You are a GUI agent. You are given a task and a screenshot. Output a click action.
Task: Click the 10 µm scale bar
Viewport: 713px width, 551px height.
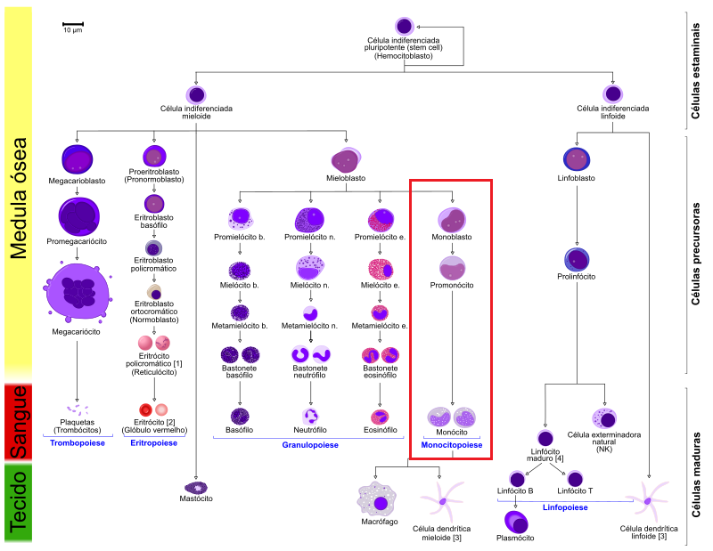click(73, 24)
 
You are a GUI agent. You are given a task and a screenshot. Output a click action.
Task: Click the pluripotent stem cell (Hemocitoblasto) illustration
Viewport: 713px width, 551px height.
click(405, 27)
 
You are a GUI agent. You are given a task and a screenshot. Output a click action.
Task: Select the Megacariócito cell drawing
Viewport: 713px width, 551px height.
click(78, 291)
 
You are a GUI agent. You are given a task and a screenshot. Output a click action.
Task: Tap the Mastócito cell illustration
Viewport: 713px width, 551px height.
click(196, 488)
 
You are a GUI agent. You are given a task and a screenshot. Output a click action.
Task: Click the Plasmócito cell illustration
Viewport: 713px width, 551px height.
click(516, 522)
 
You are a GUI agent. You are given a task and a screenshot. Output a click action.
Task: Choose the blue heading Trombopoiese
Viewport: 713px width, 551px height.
click(78, 443)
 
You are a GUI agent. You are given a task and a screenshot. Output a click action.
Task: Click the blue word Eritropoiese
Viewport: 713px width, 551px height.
click(153, 443)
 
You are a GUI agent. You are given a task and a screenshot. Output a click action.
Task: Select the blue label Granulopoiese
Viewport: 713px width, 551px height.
click(310, 445)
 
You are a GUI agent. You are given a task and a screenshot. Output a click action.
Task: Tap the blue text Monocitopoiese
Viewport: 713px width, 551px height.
click(452, 445)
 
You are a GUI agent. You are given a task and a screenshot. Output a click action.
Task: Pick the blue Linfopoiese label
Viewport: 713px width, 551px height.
click(565, 507)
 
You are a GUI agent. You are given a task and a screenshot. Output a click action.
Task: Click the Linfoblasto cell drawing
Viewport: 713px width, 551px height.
click(577, 159)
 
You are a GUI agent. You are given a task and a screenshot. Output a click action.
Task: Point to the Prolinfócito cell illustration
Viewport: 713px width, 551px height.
click(577, 259)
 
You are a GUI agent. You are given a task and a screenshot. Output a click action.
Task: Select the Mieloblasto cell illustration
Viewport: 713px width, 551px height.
click(346, 160)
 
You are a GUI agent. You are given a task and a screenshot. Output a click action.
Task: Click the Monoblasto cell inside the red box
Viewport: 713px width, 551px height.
click(452, 220)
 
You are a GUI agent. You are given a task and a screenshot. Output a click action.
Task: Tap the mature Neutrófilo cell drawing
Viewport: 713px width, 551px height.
click(310, 416)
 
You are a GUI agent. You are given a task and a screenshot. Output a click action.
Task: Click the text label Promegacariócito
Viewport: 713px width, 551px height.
click(77, 241)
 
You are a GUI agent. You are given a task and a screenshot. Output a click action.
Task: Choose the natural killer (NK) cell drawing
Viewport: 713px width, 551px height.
click(604, 417)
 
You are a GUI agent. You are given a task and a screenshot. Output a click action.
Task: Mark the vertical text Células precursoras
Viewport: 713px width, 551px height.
click(695, 254)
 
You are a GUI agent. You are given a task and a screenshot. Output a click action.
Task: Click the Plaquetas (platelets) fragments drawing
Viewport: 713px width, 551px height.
click(78, 409)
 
